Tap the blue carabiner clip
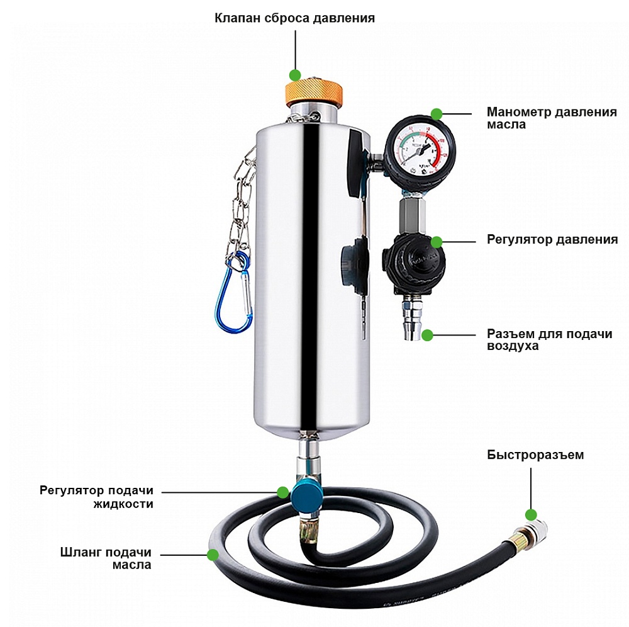coord(233,292)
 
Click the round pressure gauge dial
coord(420,148)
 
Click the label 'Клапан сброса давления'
coord(294,18)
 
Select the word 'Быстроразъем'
coord(535,455)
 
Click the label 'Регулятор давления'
coord(552,240)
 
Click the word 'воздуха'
coord(513,346)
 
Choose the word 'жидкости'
coord(123,504)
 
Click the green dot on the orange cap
coord(295,75)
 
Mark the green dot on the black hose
coord(213,555)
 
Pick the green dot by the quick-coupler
coord(531,514)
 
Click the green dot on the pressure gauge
coord(437,114)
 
